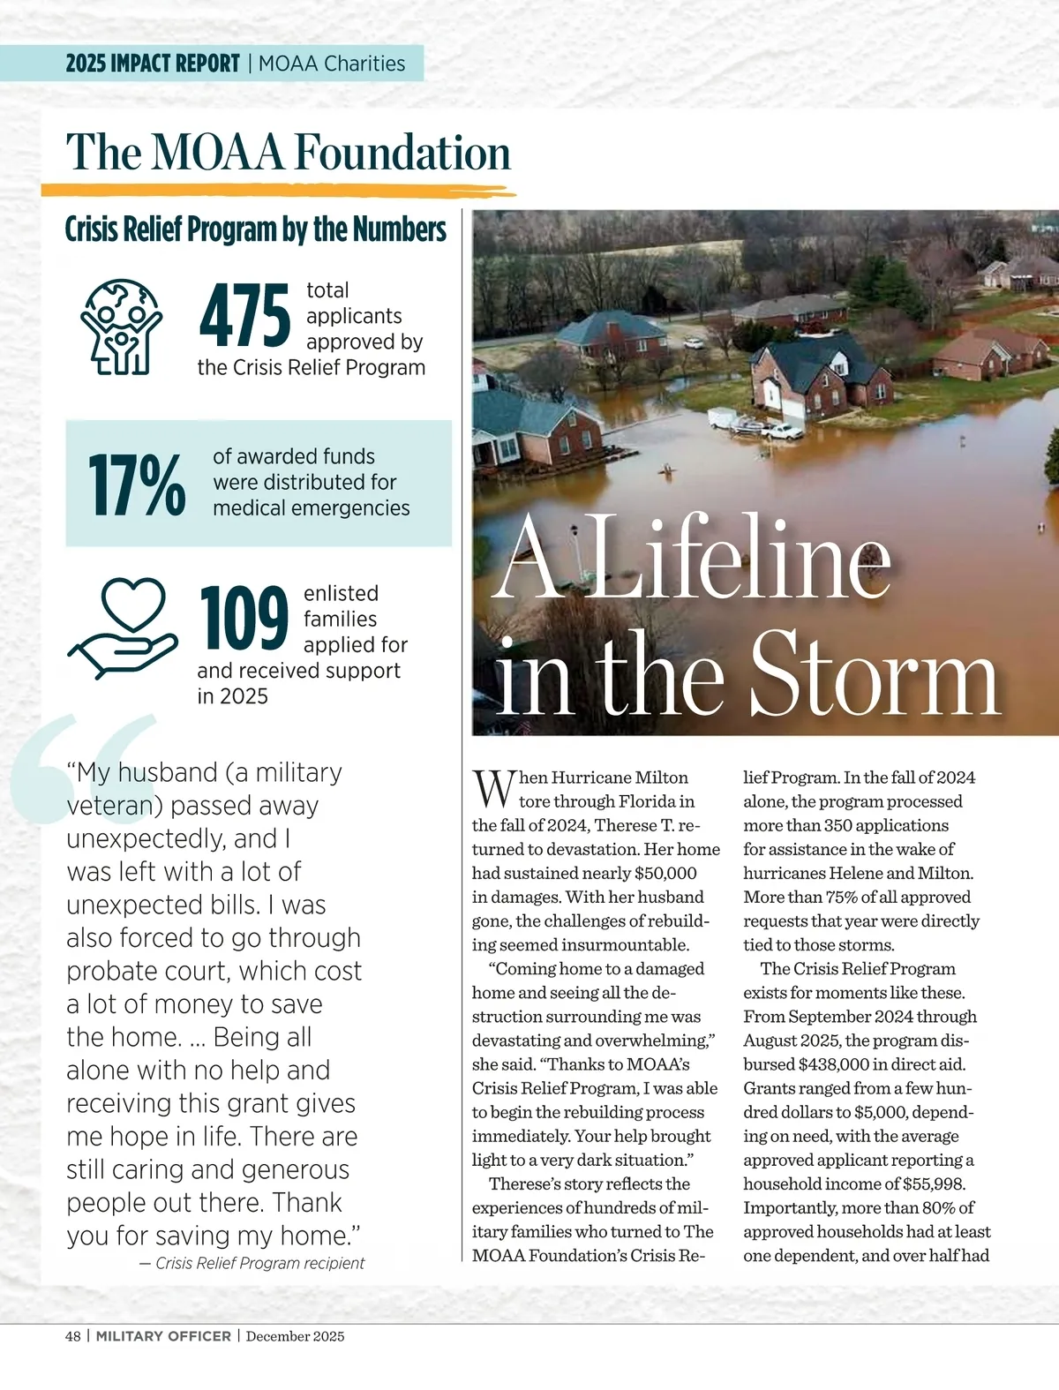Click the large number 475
pos(244,315)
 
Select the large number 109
pos(244,618)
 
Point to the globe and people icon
pos(122,327)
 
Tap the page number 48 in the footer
pos(72,1336)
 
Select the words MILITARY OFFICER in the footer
pos(163,1336)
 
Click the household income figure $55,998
pos(934,1183)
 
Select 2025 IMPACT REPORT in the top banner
pos(153,64)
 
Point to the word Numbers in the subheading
pos(400,229)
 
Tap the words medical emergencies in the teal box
pos(311,508)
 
